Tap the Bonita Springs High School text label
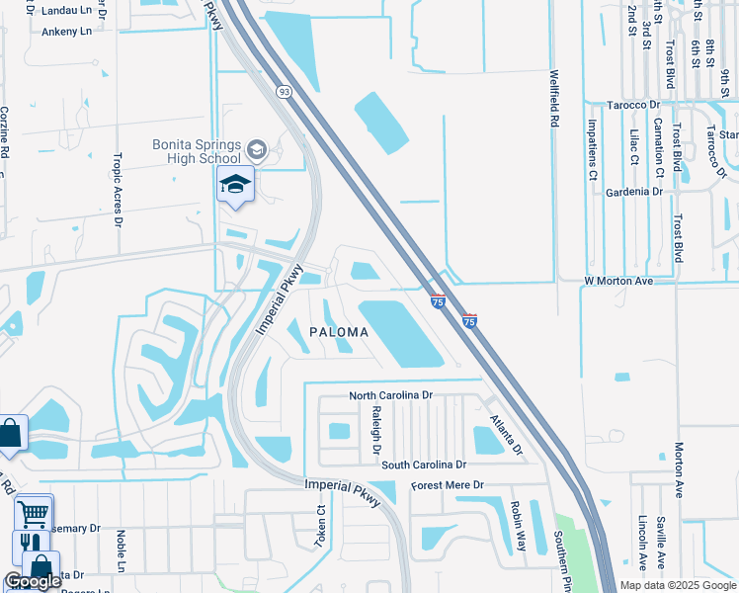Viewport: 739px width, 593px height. tap(196, 151)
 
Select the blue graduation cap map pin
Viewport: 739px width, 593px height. tap(236, 184)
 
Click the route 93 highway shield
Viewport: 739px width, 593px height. tap(285, 91)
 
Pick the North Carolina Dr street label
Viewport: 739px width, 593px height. tap(391, 395)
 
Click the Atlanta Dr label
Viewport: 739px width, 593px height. tap(504, 433)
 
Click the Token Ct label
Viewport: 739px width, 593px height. tap(321, 525)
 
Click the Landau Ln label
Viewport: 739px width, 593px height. tap(66, 12)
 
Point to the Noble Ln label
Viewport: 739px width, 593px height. tap(121, 551)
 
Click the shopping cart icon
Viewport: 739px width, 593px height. tap(34, 513)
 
